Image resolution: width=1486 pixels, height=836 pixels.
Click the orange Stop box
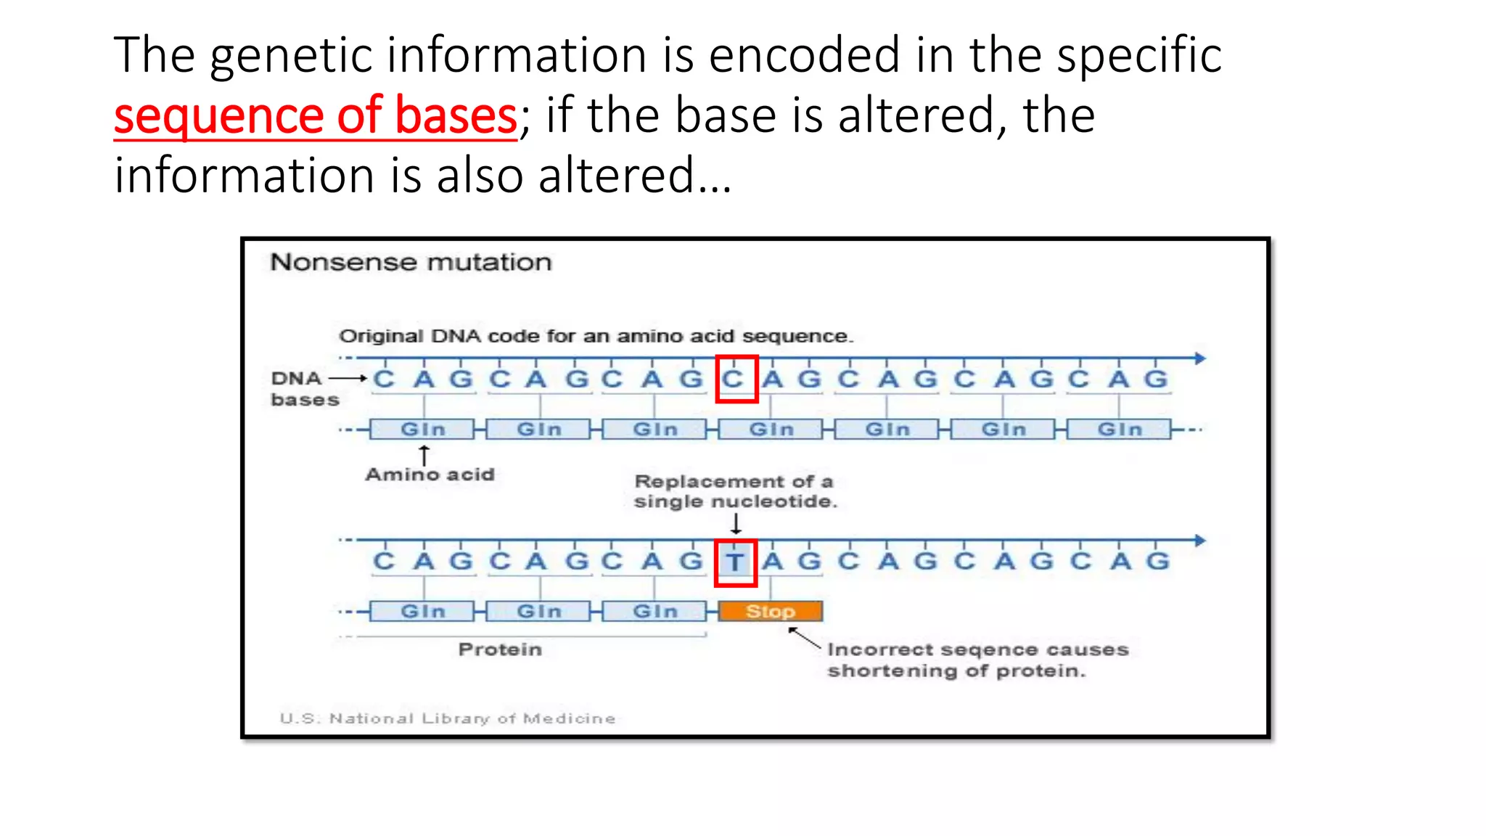tap(770, 611)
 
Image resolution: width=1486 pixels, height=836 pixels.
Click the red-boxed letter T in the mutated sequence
tap(735, 562)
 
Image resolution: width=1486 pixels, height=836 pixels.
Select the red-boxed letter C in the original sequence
tap(735, 379)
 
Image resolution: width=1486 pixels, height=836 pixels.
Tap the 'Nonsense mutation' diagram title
tap(411, 262)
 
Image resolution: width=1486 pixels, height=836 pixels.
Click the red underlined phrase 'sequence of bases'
tap(315, 115)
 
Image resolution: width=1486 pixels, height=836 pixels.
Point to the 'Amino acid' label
tap(430, 475)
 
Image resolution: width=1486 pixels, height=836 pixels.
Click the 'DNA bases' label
tap(303, 389)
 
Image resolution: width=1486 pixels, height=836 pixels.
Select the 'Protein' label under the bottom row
tap(500, 649)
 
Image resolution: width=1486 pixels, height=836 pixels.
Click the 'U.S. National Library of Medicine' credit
tap(448, 718)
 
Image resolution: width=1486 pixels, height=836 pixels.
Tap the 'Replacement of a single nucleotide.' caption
tap(734, 491)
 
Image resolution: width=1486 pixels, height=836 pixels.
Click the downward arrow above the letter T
tap(736, 523)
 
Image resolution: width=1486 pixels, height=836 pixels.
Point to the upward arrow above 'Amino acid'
tap(424, 455)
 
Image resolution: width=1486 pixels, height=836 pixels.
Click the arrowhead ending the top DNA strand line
tap(1200, 358)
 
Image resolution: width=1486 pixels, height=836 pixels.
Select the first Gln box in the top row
tap(422, 430)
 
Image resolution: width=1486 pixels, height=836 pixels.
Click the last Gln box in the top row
tap(1119, 430)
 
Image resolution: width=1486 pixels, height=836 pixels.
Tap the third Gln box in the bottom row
tap(654, 612)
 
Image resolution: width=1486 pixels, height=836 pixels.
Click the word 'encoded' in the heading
tap(804, 55)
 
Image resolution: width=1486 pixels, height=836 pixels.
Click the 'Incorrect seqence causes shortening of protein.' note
tap(977, 660)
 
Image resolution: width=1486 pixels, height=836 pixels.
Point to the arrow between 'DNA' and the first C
tap(348, 378)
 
